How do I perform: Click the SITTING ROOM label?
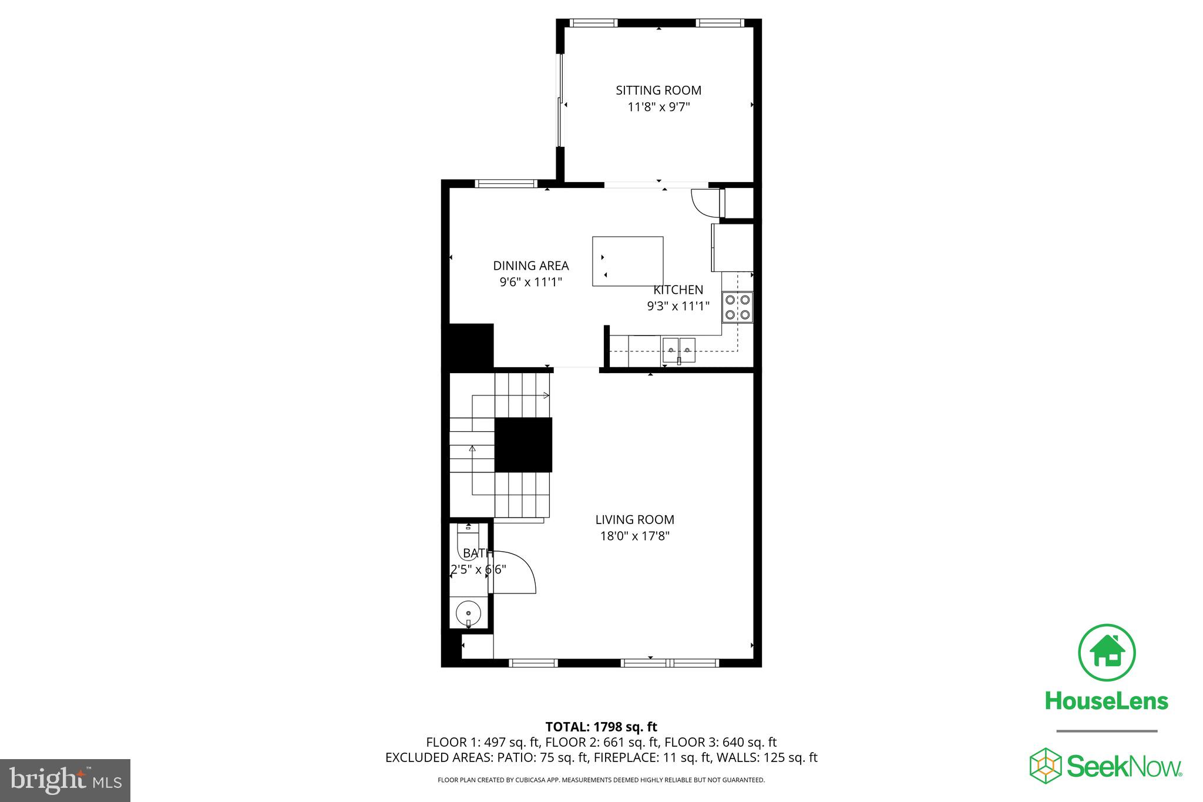click(x=658, y=90)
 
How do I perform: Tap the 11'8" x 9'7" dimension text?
click(x=658, y=107)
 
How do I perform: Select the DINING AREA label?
click(x=530, y=266)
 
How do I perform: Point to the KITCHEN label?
click(x=678, y=290)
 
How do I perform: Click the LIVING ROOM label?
click(x=634, y=519)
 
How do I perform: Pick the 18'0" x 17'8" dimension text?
click(x=634, y=536)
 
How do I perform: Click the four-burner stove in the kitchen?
click(x=737, y=307)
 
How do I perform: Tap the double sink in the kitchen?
click(x=678, y=350)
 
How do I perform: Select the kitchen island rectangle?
click(x=627, y=261)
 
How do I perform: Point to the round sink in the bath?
click(x=468, y=613)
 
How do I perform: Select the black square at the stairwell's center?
click(x=523, y=445)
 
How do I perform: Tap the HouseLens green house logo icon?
click(x=1107, y=653)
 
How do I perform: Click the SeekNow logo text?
click(x=1123, y=767)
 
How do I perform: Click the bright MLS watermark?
click(x=65, y=780)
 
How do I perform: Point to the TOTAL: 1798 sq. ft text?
click(x=601, y=727)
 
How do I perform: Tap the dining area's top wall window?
click(x=506, y=183)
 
